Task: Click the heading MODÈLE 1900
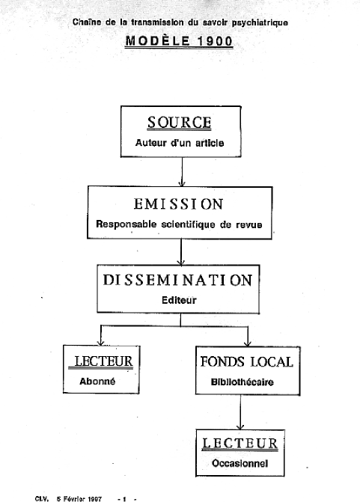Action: click(179, 41)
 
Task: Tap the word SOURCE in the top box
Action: click(180, 122)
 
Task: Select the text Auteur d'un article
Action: click(180, 143)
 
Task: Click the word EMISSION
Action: click(178, 204)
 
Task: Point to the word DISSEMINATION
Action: click(178, 280)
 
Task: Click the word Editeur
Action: click(179, 300)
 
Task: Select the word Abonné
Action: click(97, 382)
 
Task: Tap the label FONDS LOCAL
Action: click(247, 362)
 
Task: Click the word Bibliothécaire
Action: click(242, 382)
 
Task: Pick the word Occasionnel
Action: click(240, 463)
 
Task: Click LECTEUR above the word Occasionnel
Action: click(240, 444)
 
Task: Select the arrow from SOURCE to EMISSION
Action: click(182, 171)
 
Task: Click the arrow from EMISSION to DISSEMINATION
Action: click(181, 252)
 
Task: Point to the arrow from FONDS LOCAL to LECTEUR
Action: click(240, 412)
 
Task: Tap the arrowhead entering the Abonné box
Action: click(101, 343)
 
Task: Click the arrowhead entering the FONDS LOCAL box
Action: click(248, 343)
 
